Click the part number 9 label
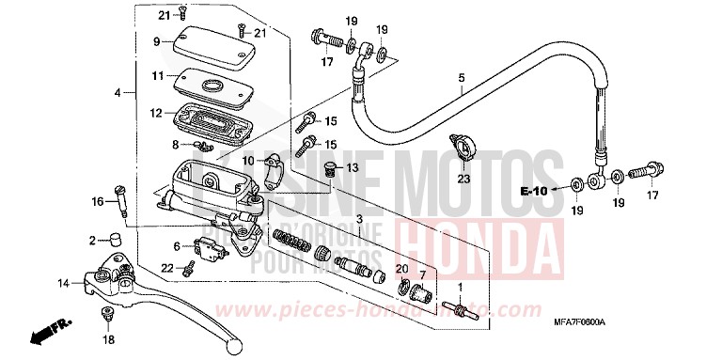159,42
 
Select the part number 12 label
157,114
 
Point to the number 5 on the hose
461,78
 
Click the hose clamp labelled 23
462,147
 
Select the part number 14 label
62,283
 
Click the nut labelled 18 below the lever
106,314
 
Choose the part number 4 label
118,93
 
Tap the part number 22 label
166,268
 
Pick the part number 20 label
403,270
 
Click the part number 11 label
158,75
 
